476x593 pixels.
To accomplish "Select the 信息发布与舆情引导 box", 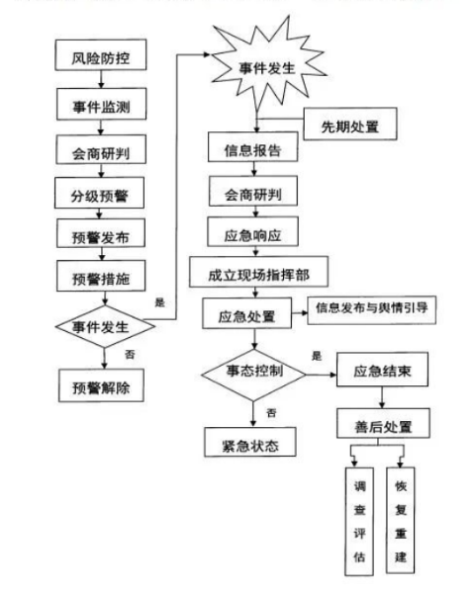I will pos(371,307).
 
